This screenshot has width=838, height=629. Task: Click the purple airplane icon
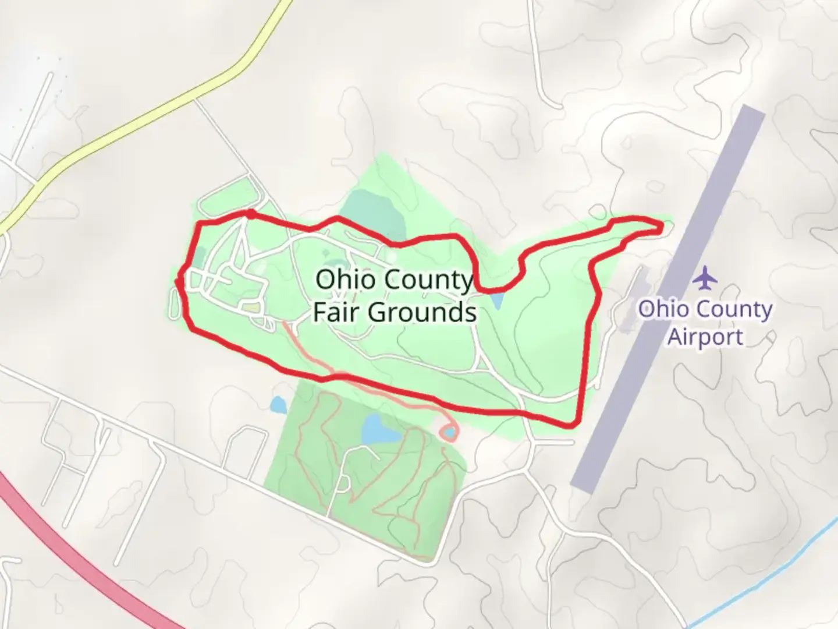(x=706, y=277)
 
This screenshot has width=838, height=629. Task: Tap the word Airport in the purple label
(x=705, y=337)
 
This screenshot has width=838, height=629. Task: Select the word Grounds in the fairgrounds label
(x=422, y=312)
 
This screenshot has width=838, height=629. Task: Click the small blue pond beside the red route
(x=496, y=301)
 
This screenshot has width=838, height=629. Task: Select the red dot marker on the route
(x=250, y=214)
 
